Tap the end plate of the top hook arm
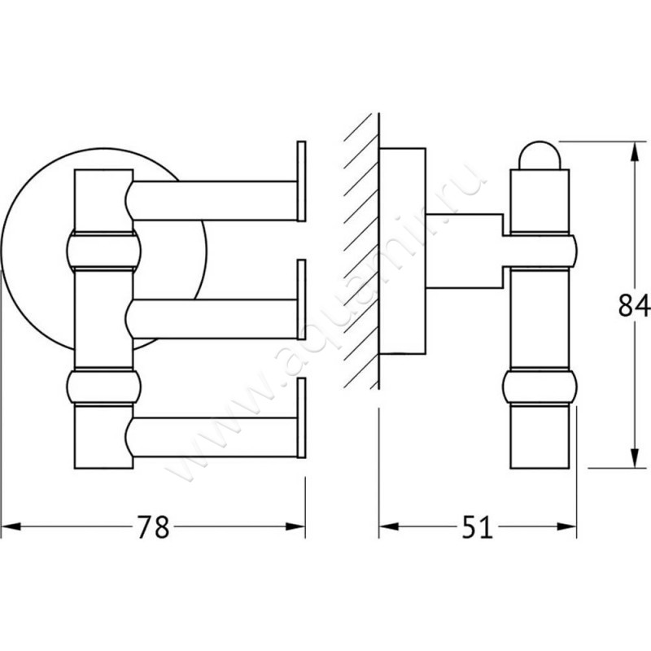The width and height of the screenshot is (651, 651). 301,181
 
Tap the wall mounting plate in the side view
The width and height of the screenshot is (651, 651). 404,252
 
